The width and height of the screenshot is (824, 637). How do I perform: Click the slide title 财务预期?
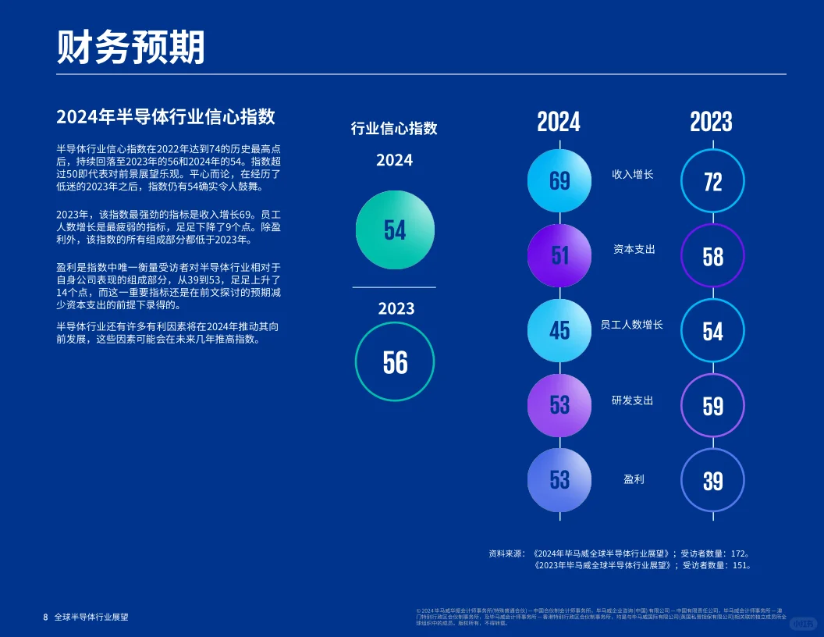click(131, 48)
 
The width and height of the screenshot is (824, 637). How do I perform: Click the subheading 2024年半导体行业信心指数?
click(165, 117)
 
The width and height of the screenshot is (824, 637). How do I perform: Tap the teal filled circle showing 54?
click(395, 230)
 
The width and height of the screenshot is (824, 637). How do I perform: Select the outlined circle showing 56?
click(395, 362)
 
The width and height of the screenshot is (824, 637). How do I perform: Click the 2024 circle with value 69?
click(559, 181)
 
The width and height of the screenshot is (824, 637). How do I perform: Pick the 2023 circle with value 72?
click(712, 182)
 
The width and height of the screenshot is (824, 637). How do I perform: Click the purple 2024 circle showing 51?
click(559, 256)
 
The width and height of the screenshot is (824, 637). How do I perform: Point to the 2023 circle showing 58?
click(712, 257)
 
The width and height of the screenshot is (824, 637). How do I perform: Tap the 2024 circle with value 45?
click(559, 331)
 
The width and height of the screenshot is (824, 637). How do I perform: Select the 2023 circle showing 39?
click(712, 480)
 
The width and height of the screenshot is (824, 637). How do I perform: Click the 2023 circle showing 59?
click(712, 406)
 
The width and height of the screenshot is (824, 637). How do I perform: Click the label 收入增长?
click(633, 175)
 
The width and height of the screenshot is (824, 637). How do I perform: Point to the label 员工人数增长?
click(631, 324)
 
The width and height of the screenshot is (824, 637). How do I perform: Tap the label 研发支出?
click(633, 400)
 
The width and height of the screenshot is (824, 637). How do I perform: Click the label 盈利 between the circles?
click(634, 479)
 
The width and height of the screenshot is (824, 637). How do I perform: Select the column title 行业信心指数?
click(394, 129)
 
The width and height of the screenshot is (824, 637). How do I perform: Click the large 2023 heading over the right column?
click(711, 122)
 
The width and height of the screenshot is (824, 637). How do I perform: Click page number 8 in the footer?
click(45, 617)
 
